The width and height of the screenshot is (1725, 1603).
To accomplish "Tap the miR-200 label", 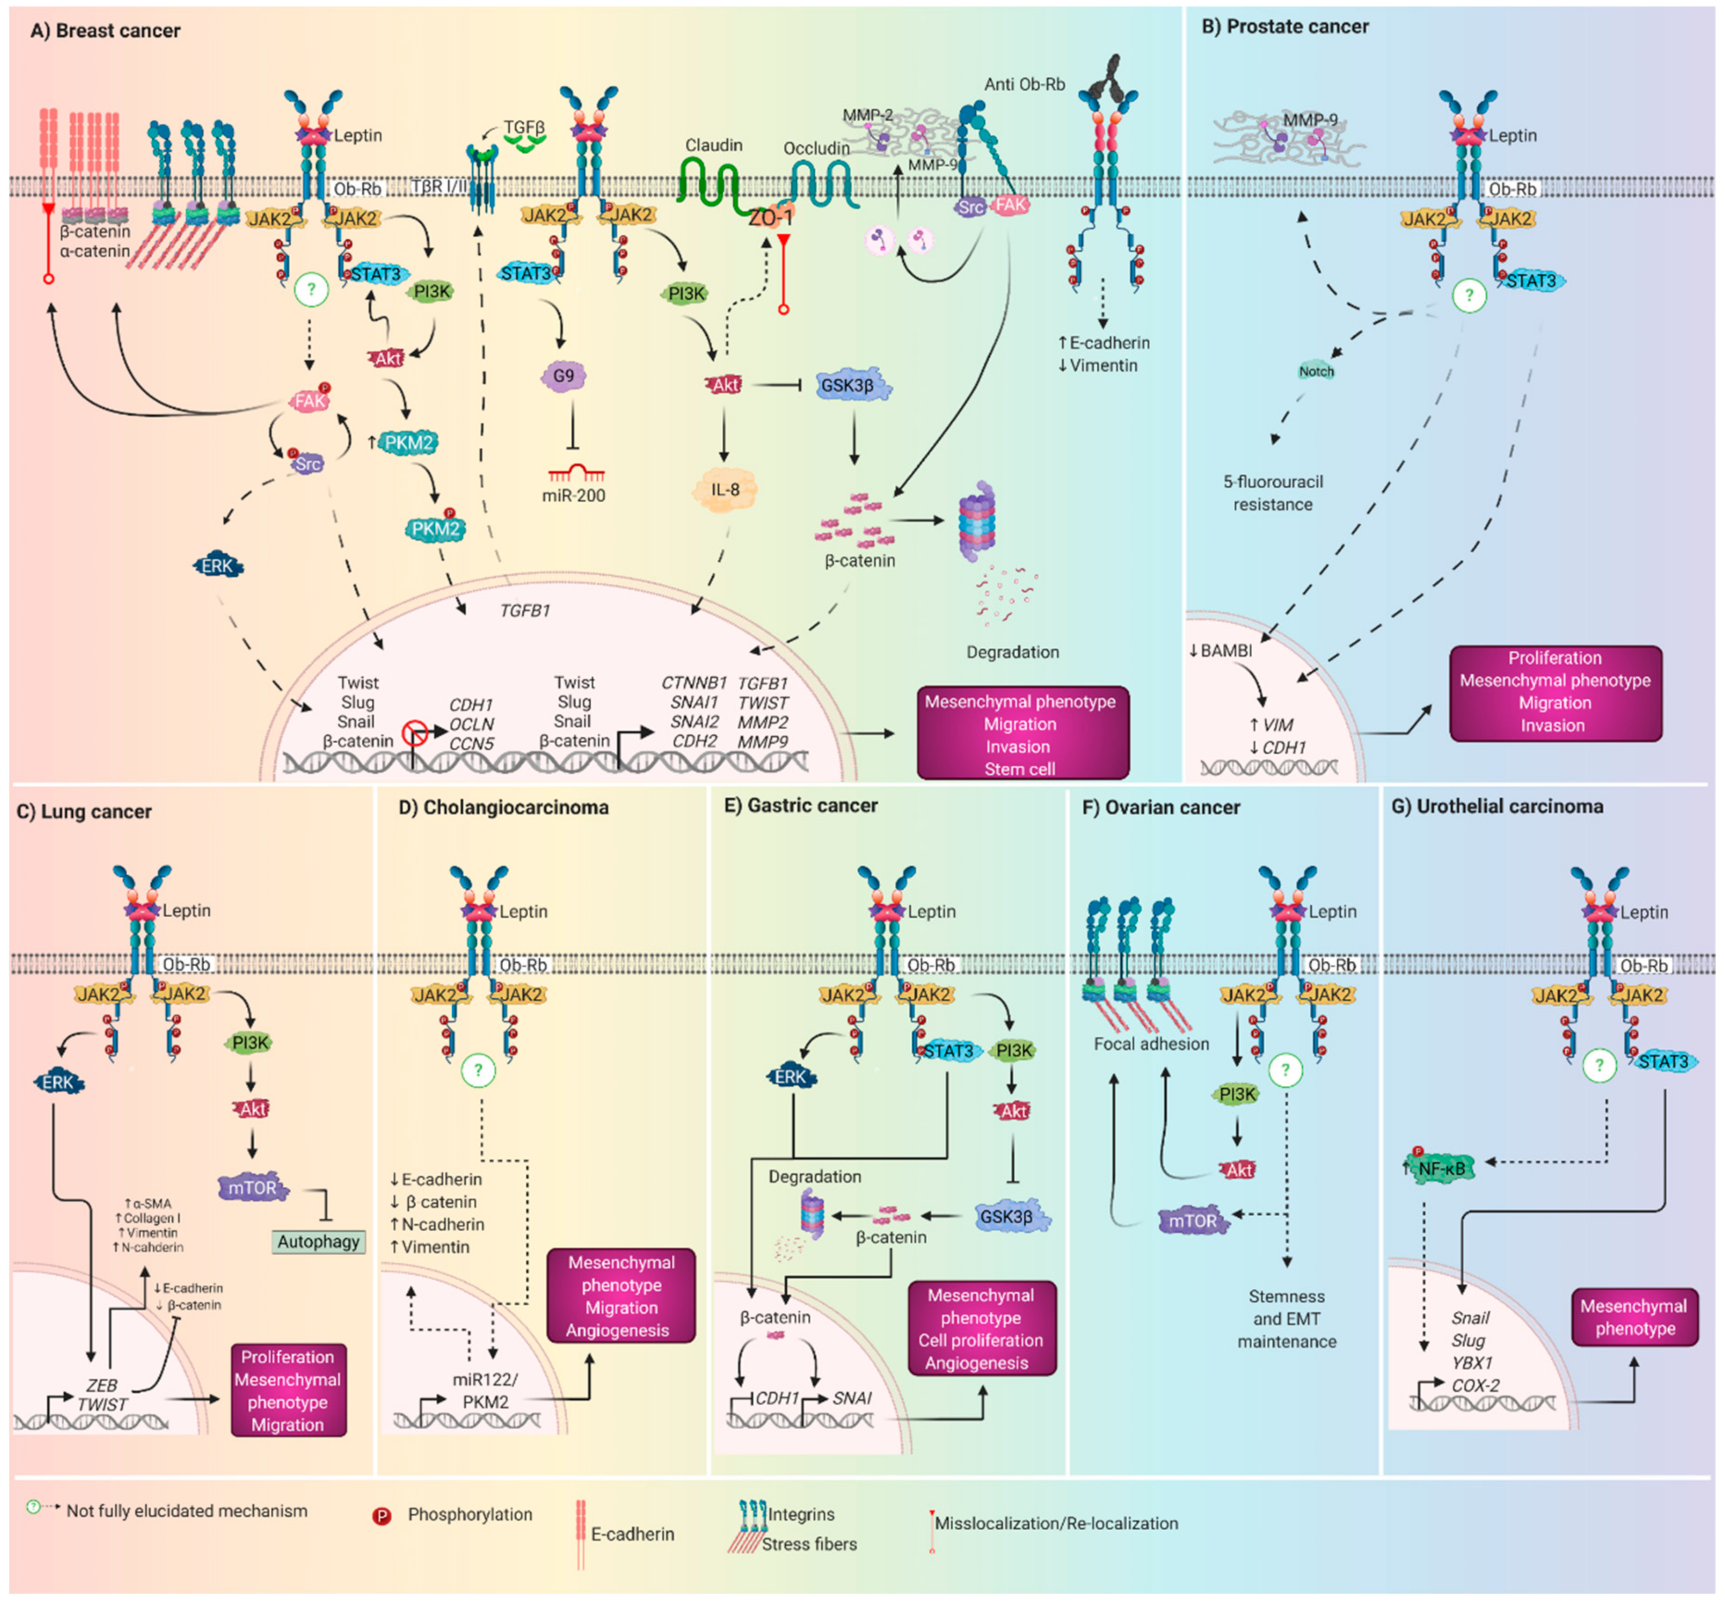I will [x=573, y=496].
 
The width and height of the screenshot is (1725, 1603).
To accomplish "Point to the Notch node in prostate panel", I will [x=1316, y=371].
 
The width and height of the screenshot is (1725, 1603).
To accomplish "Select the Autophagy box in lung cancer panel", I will [x=319, y=1241].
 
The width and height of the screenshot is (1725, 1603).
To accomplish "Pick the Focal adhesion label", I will [x=1151, y=1044].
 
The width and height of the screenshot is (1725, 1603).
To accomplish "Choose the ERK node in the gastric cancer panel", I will [x=791, y=1077].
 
